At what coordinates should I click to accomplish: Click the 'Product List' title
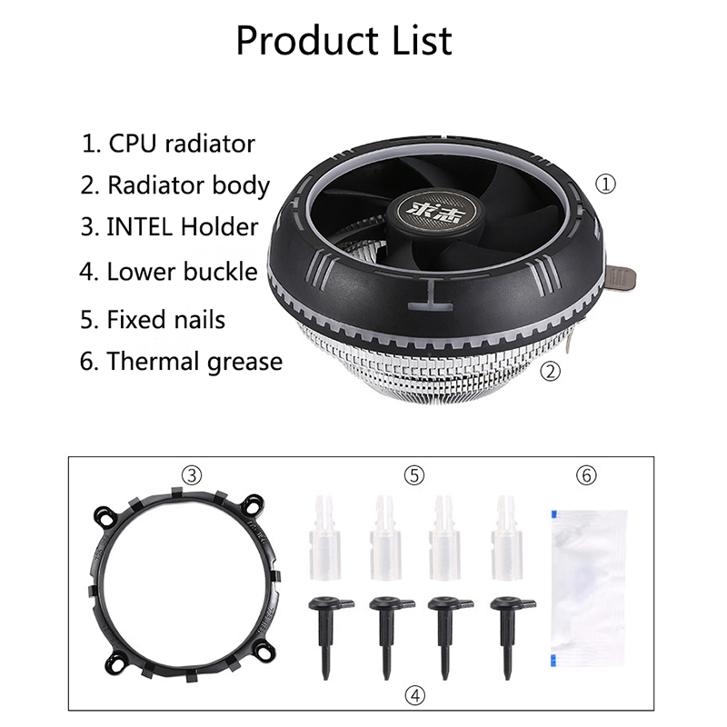tap(344, 41)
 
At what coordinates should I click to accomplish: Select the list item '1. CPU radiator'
tap(168, 144)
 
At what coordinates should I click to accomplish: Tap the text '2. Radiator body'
tap(174, 186)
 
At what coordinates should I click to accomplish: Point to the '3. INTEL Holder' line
tap(169, 226)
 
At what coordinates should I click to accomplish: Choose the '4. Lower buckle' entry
tap(168, 271)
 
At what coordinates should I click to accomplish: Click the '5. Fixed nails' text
tap(153, 320)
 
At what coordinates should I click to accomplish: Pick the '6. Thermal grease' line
tap(181, 362)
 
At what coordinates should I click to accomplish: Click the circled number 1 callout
tap(605, 184)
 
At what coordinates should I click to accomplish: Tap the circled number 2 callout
tap(551, 372)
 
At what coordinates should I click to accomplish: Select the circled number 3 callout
tap(192, 475)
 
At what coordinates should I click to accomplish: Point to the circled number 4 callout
tap(414, 695)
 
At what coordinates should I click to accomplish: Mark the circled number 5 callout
tap(414, 475)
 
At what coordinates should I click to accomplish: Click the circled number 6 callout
tap(586, 475)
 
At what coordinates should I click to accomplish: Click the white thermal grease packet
tap(589, 588)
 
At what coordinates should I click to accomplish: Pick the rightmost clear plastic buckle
tap(506, 538)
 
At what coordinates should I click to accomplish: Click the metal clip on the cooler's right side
tap(621, 279)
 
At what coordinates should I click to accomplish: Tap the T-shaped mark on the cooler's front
tap(430, 296)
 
